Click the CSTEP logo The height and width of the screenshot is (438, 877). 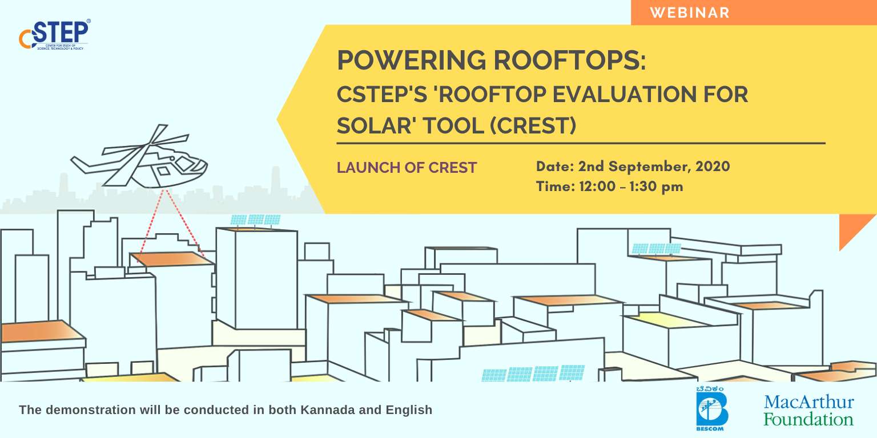click(54, 34)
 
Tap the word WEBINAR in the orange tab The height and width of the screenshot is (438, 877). click(690, 13)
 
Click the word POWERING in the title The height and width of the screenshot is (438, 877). click(412, 60)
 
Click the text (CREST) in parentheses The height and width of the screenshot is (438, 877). click(533, 125)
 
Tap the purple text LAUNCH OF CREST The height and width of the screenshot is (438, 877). click(407, 167)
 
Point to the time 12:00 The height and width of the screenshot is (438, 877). click(597, 186)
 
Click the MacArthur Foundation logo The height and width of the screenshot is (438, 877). click(808, 410)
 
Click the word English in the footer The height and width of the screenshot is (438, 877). click(409, 411)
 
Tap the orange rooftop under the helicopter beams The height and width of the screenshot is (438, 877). click(171, 259)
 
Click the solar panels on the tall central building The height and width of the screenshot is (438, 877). click(255, 220)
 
